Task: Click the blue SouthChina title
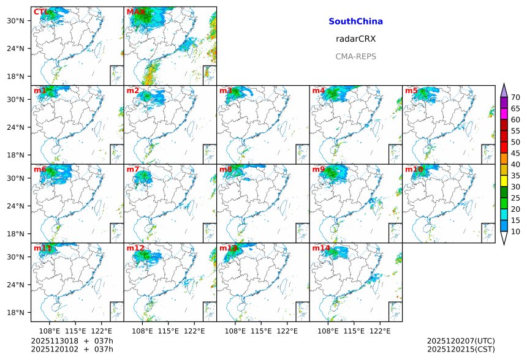tap(355, 21)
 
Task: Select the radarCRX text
tap(355, 39)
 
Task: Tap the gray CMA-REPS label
tap(355, 56)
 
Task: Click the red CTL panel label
tap(41, 12)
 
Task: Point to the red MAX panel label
tap(135, 12)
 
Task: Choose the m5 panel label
tap(411, 91)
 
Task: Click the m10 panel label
tap(414, 169)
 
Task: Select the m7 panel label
tap(133, 169)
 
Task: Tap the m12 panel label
tap(135, 248)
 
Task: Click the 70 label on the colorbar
tap(515, 97)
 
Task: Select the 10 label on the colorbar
tap(515, 231)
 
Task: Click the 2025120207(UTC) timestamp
tap(461, 340)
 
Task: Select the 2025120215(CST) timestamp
tap(461, 349)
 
